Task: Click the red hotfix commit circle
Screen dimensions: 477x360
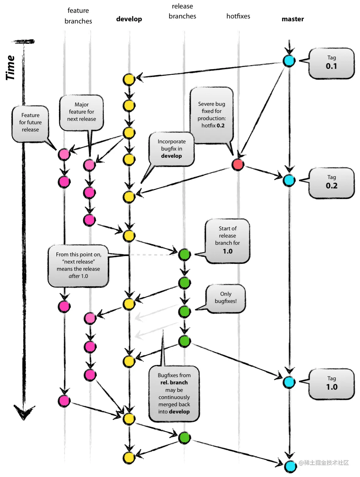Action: point(238,164)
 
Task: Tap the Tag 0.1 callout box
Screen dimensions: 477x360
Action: point(332,63)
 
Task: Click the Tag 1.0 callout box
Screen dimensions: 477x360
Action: point(332,384)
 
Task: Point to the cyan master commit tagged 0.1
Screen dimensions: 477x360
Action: point(289,61)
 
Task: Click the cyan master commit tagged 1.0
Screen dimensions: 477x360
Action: point(289,382)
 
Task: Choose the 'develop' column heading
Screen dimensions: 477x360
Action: point(129,19)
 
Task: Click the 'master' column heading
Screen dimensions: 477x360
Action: point(293,19)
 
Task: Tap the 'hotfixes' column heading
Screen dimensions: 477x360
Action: point(238,16)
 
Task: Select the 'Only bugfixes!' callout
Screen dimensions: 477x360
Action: point(226,298)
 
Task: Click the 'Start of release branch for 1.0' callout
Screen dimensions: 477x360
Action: point(228,240)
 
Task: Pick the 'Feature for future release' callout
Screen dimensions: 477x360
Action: point(30,123)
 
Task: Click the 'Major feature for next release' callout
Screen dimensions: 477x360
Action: point(81,112)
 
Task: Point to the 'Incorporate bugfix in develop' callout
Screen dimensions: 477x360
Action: point(172,149)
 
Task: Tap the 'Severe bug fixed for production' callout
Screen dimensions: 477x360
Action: point(212,115)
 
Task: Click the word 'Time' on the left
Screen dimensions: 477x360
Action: point(10,68)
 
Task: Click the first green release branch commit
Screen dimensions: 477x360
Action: point(185,254)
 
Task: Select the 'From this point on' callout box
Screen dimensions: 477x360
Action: point(78,265)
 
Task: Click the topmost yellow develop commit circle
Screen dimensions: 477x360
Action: point(129,79)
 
